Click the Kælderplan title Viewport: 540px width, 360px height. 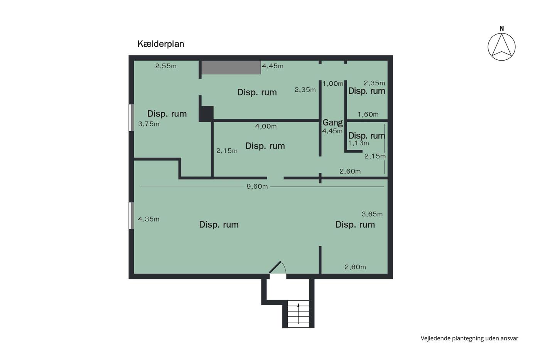click(x=161, y=44)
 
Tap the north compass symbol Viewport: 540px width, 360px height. click(x=501, y=47)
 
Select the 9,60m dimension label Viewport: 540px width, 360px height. click(x=257, y=187)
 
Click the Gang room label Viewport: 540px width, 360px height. click(x=332, y=122)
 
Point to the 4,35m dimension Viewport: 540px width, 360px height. click(x=148, y=219)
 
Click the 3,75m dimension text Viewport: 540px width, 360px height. click(x=149, y=124)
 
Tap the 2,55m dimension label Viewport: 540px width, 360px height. click(x=166, y=66)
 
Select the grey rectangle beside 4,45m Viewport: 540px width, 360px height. click(x=231, y=67)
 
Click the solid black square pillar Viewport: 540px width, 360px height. click(x=206, y=114)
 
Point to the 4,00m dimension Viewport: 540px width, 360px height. click(x=266, y=126)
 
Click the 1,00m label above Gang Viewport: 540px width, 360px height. click(x=333, y=84)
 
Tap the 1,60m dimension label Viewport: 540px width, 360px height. click(x=368, y=115)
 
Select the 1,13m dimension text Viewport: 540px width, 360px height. click(x=358, y=143)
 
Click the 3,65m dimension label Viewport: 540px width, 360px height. click(x=372, y=214)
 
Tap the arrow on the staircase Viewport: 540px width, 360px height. click(x=299, y=313)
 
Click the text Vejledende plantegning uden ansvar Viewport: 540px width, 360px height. click(x=469, y=338)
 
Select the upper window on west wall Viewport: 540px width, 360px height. click(x=131, y=118)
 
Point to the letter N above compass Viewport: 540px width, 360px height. click(x=502, y=29)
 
